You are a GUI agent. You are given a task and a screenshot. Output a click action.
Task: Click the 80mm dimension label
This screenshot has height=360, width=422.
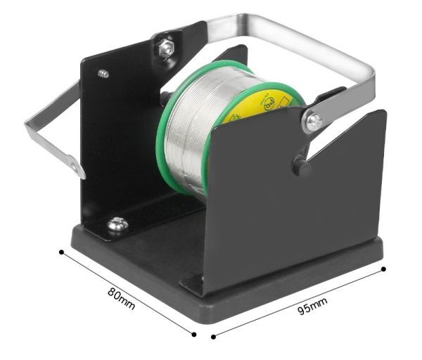pos(121,299)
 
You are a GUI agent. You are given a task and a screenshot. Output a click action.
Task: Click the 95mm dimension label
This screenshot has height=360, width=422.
pos(312,306)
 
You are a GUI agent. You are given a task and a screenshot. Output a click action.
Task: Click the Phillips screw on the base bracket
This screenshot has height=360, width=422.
pos(117,224)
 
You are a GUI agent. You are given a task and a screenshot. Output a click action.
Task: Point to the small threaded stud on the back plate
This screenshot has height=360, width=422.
pos(103,73)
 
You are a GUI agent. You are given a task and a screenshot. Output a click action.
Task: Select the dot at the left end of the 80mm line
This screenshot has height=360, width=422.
pos(62,252)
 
